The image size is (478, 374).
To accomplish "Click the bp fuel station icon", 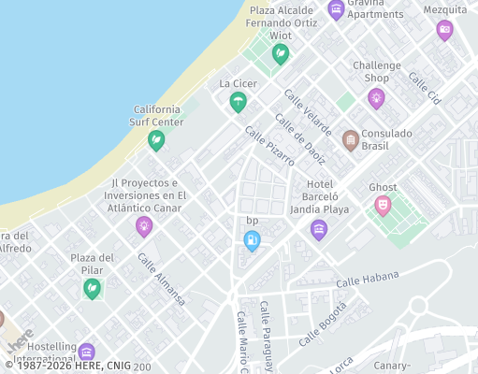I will click(x=252, y=240).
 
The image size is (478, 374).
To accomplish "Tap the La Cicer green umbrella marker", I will click(x=238, y=101).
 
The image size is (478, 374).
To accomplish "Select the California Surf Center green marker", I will click(x=156, y=140).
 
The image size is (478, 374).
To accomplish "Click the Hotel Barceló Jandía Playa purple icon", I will click(x=319, y=229).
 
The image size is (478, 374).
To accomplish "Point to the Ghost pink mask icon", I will click(x=383, y=205).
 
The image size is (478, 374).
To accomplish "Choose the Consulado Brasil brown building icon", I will click(x=351, y=140).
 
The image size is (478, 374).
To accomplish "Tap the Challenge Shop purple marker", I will click(x=376, y=97).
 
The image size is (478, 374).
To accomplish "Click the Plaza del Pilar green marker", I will click(x=92, y=288).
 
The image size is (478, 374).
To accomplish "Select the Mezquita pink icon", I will click(x=444, y=29).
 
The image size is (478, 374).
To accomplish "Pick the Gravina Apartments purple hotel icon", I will click(x=336, y=10).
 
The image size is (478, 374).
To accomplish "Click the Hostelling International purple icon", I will click(x=87, y=352).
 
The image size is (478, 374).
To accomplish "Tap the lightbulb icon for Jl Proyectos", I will click(x=144, y=225).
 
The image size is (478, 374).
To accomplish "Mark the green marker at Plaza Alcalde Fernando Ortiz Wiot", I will click(x=280, y=54).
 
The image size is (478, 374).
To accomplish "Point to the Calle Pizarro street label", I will click(x=269, y=147).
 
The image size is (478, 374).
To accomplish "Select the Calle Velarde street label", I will click(x=308, y=111).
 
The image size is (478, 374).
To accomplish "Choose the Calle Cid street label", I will click(x=424, y=86).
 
